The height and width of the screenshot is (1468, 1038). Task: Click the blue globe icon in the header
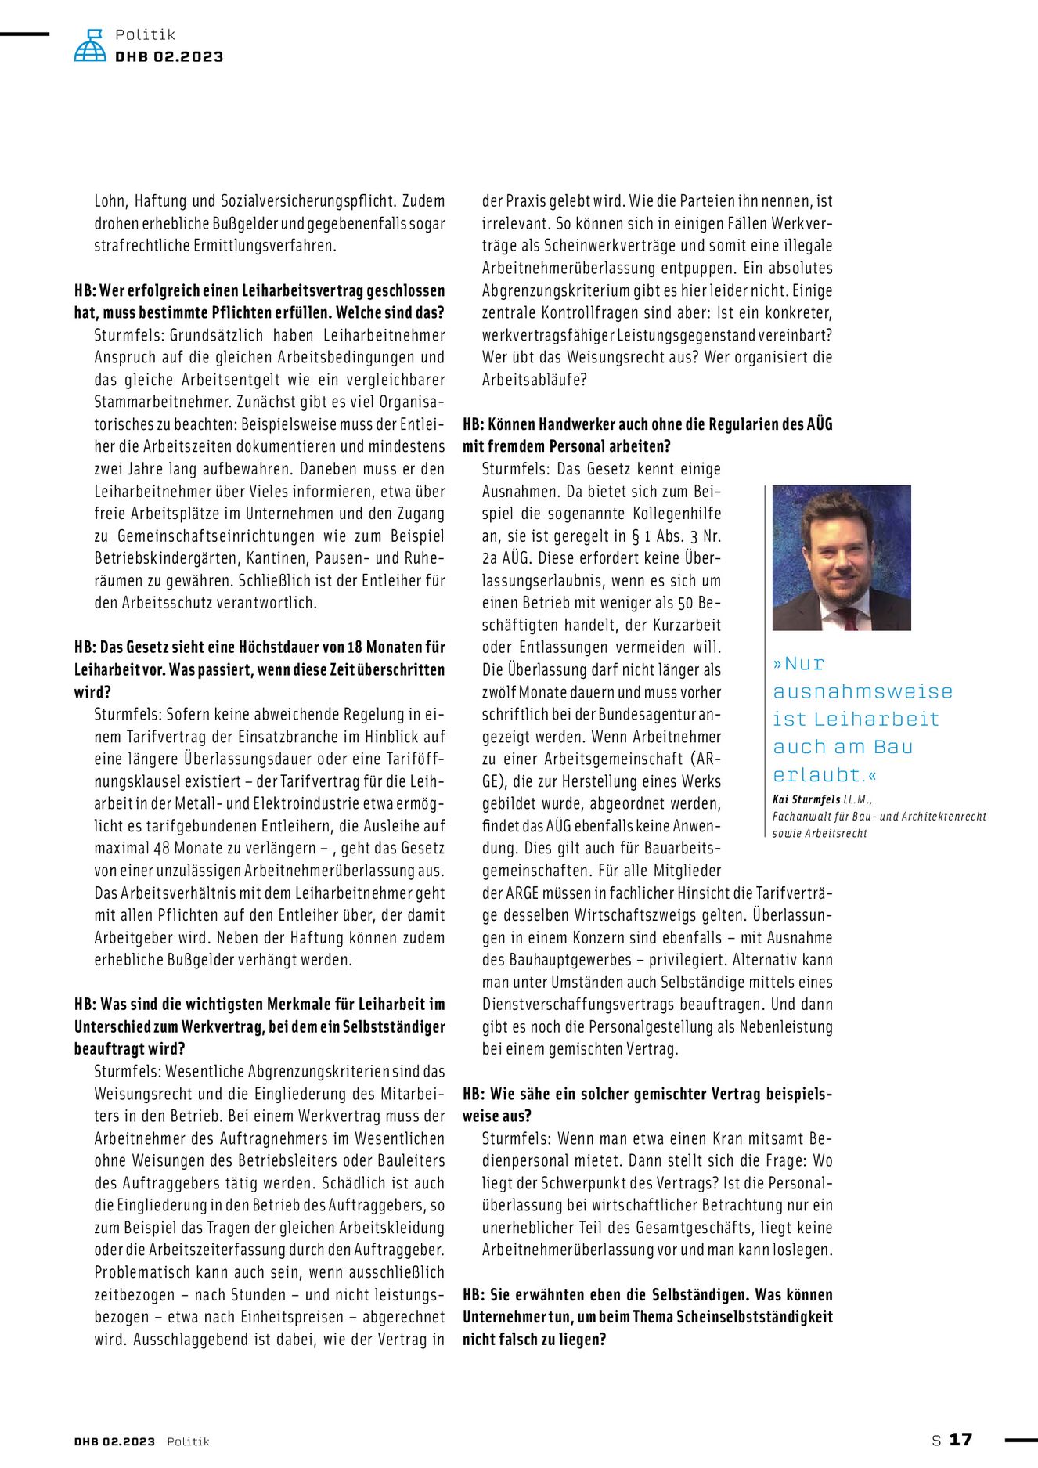click(x=90, y=46)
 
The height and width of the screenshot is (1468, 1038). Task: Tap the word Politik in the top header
click(x=145, y=34)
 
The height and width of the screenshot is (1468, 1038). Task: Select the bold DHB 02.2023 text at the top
click(x=169, y=56)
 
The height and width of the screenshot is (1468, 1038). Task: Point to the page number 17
click(x=961, y=1439)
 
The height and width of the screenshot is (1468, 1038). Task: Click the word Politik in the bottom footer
click(x=188, y=1441)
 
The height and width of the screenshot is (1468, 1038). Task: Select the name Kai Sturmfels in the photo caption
click(x=806, y=799)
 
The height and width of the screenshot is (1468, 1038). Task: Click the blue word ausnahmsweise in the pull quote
click(x=863, y=691)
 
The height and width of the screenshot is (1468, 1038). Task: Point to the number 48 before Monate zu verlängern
click(x=162, y=848)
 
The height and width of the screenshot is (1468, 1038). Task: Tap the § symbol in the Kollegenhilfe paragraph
click(x=636, y=536)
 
